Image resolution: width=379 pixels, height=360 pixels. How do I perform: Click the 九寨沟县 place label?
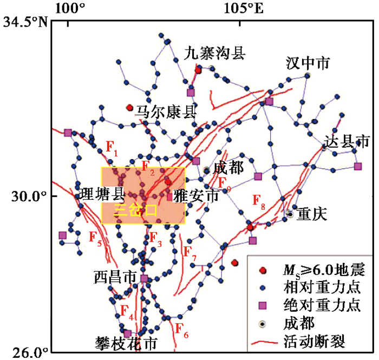click(x=214, y=54)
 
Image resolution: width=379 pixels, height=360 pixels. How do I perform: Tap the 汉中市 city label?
click(x=308, y=63)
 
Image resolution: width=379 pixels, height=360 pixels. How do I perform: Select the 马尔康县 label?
click(x=166, y=112)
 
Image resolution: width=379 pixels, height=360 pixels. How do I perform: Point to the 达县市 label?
click(x=347, y=141)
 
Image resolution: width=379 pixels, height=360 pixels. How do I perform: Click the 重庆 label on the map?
click(x=312, y=214)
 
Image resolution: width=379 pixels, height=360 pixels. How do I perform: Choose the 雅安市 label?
click(x=196, y=196)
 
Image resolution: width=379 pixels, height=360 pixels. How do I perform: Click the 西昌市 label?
click(x=115, y=277)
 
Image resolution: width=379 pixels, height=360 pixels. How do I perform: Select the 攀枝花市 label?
click(x=126, y=343)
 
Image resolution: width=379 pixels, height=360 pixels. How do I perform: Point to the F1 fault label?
click(x=112, y=148)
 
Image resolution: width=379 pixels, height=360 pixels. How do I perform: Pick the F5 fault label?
click(x=95, y=238)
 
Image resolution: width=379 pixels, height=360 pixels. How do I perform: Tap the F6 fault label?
click(x=181, y=330)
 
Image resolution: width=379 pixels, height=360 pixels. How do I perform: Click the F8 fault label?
click(x=259, y=201)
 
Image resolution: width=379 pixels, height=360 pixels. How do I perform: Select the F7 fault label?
click(x=190, y=253)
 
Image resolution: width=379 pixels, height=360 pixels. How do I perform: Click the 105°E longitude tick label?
click(x=244, y=9)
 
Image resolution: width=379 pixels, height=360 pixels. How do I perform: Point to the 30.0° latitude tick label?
click(x=29, y=196)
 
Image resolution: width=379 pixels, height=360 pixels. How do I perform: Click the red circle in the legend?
click(x=263, y=271)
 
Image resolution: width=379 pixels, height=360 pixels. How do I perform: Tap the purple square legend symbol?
click(x=263, y=306)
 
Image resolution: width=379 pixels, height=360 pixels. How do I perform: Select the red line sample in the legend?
click(x=264, y=343)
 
